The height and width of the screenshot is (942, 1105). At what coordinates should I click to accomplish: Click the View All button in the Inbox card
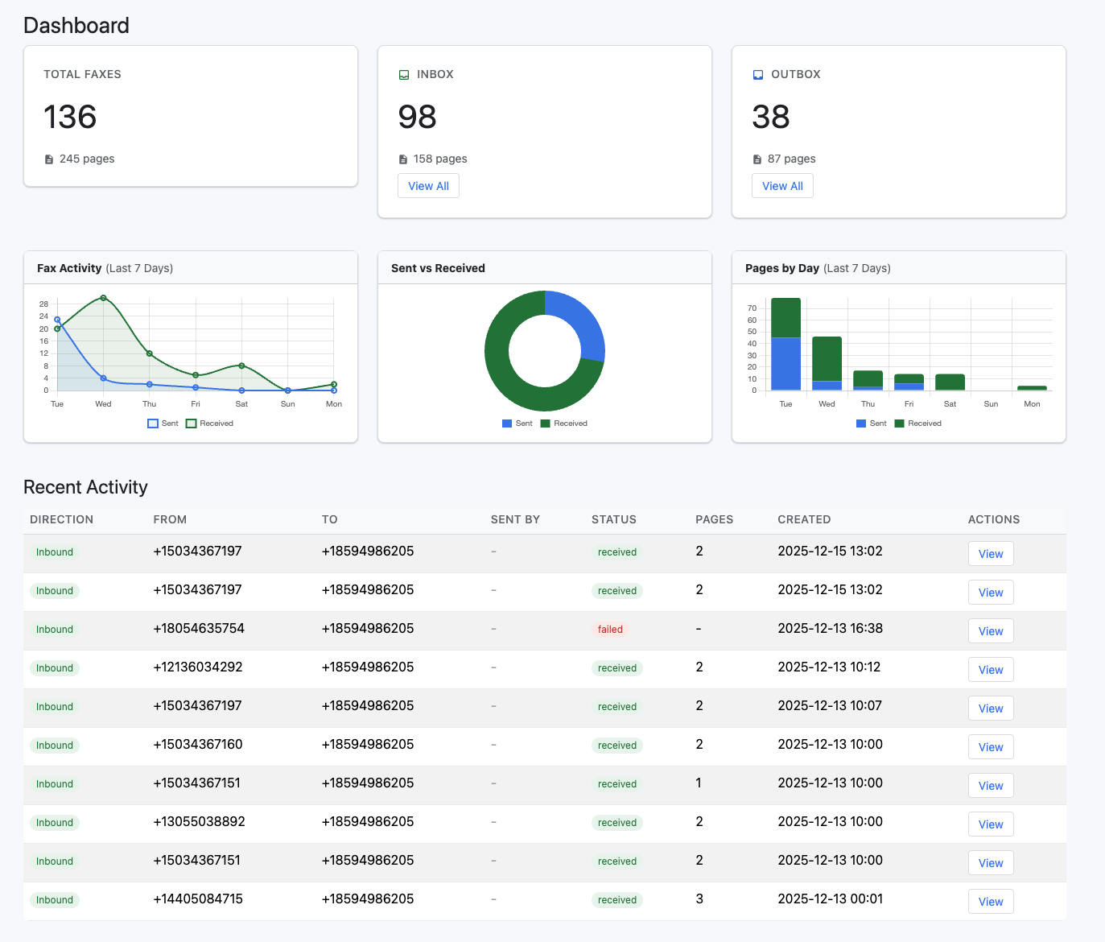tap(428, 186)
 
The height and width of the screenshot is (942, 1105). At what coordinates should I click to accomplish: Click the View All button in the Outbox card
tap(782, 186)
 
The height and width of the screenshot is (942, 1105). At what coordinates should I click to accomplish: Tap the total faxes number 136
tap(70, 117)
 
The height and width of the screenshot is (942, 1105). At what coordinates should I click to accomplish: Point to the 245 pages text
tap(86, 159)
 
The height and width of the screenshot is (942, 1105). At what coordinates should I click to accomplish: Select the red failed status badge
tap(610, 630)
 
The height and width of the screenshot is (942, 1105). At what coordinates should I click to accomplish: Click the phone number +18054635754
tap(199, 629)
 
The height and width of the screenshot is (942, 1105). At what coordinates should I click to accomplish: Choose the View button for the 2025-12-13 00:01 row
tap(990, 902)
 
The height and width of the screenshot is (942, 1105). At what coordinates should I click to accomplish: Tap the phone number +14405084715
tap(198, 899)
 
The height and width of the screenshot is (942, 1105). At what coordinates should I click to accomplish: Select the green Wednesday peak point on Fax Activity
tap(103, 298)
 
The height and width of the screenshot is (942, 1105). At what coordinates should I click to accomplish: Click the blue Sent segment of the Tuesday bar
tap(785, 364)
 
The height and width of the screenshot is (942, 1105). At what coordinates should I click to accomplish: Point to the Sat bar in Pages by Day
tap(950, 382)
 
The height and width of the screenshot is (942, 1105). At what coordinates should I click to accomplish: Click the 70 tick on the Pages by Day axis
tap(752, 308)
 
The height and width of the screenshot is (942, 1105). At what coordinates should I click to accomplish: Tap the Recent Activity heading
tap(85, 487)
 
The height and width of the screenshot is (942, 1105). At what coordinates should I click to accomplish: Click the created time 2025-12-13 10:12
tap(829, 667)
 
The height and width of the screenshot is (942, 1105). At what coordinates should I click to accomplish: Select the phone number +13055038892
tap(199, 822)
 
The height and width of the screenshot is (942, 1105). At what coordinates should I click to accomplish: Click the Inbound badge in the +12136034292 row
tap(55, 668)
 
